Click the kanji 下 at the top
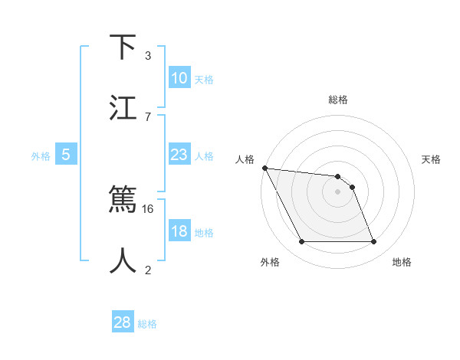(x=123, y=47)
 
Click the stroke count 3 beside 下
(x=148, y=56)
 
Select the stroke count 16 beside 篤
(x=149, y=208)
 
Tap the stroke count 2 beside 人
(x=148, y=270)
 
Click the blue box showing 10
(x=179, y=78)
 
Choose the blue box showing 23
(x=179, y=155)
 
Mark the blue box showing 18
(x=179, y=232)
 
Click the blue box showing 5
(x=66, y=155)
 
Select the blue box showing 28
(x=123, y=322)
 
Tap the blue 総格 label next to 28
(x=147, y=324)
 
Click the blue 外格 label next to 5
(x=41, y=156)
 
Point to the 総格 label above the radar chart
(x=338, y=100)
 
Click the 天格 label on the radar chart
(x=432, y=159)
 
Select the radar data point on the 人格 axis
(x=264, y=168)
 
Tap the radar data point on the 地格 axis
(x=373, y=242)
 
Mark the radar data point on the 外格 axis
(x=301, y=242)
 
